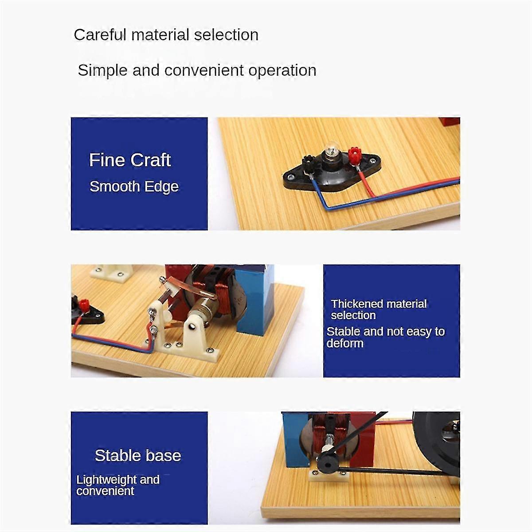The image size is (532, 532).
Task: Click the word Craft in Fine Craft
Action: [150, 160]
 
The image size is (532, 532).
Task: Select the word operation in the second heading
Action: [282, 70]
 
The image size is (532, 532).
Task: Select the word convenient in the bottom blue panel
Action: [105, 491]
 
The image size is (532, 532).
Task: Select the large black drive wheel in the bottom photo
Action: [436, 445]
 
